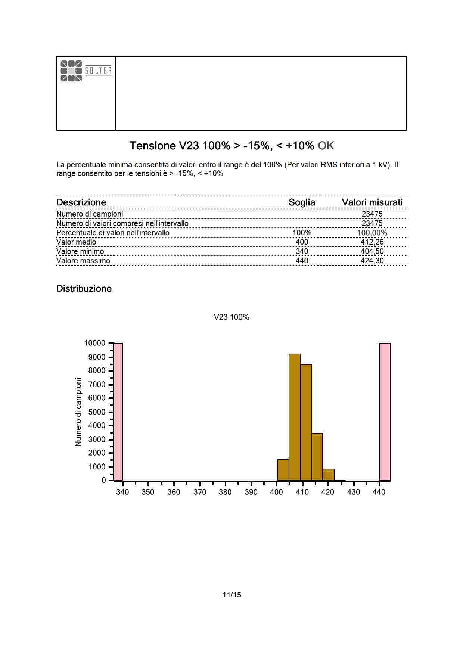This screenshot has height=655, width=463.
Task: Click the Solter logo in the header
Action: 86,71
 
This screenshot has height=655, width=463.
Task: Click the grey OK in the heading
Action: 326,146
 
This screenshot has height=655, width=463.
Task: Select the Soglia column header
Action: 302,202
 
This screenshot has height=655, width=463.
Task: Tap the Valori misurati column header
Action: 372,202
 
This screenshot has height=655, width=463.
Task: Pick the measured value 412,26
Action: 372,242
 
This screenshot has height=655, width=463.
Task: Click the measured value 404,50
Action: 372,251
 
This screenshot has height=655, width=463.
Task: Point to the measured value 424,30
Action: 372,261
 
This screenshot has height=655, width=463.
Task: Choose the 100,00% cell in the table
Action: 372,233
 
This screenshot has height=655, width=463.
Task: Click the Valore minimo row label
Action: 80,251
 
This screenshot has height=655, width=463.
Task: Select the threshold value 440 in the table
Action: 302,261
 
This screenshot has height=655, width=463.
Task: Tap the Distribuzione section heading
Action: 84,289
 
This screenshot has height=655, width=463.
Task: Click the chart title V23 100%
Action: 232,317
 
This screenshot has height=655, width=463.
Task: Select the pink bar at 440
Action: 385,412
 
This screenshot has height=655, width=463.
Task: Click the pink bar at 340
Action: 118,412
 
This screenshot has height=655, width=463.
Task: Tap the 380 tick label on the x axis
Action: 225,492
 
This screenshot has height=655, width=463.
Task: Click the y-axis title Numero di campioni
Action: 78,412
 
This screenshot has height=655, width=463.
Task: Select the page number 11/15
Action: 232,595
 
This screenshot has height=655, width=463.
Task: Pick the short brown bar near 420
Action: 328,475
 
